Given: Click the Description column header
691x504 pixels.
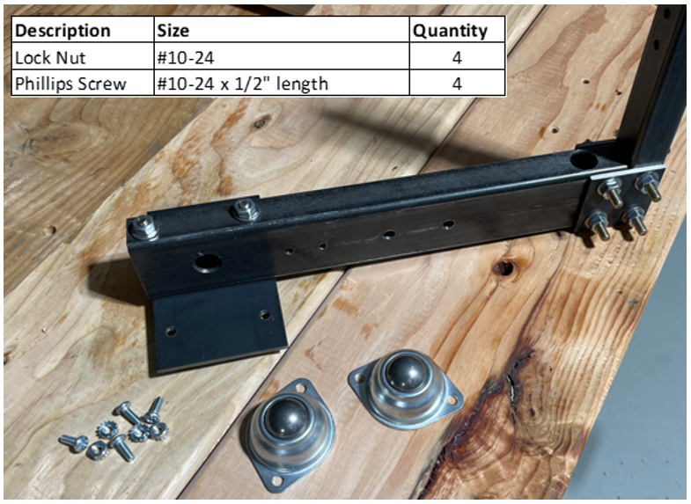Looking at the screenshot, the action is pyautogui.click(x=62, y=31).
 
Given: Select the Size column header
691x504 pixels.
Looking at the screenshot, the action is pyautogui.click(x=173, y=31).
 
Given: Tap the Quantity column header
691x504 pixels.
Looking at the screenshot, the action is pyautogui.click(x=451, y=31).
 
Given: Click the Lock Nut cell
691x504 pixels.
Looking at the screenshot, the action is pyautogui.click(x=50, y=58).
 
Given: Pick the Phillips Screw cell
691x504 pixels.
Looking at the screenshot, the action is pyautogui.click(x=70, y=84).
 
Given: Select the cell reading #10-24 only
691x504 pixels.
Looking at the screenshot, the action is pyautogui.click(x=186, y=58).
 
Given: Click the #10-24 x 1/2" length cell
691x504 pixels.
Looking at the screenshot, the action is pyautogui.click(x=242, y=84).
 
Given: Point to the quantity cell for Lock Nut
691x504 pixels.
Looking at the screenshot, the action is pyautogui.click(x=457, y=58).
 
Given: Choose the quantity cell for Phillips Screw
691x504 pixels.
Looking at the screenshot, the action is pyautogui.click(x=457, y=84).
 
